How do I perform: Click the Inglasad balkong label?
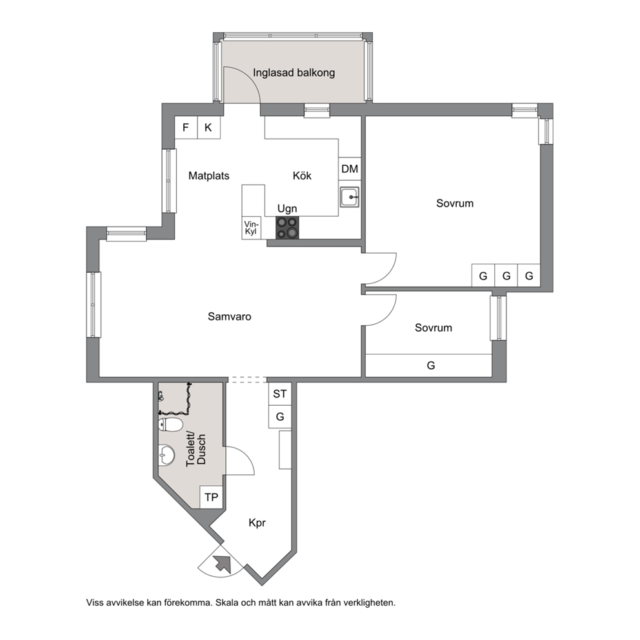click(294, 73)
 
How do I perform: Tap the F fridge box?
click(186, 127)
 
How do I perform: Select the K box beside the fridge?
click(209, 127)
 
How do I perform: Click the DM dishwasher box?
click(350, 168)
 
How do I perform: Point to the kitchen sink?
click(350, 197)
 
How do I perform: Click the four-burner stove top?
click(287, 228)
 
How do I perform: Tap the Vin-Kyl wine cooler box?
click(252, 228)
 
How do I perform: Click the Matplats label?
click(208, 176)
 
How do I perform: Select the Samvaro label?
click(230, 316)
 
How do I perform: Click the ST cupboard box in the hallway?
click(280, 394)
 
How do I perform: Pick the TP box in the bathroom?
click(212, 497)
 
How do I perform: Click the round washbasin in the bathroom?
click(166, 454)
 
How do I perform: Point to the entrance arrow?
click(223, 564)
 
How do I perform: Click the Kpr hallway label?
click(257, 523)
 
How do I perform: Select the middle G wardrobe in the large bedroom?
click(506, 275)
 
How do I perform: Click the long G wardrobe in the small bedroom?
click(428, 365)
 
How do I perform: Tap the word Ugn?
click(287, 208)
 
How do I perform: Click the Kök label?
click(302, 176)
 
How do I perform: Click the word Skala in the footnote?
click(227, 603)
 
